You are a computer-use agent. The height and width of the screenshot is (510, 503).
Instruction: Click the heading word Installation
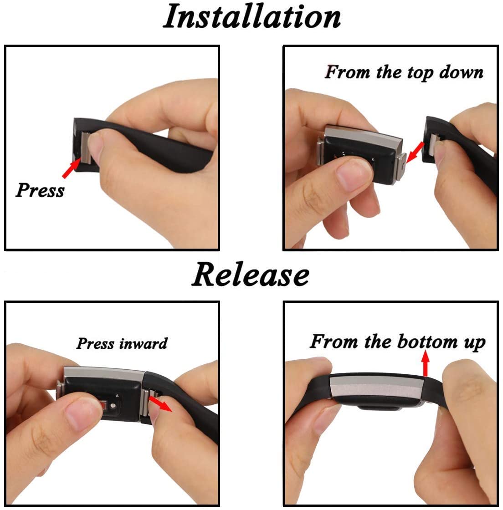click(252, 16)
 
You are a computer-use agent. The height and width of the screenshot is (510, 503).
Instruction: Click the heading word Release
click(250, 275)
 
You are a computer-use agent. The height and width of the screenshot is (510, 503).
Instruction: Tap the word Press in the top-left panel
click(40, 190)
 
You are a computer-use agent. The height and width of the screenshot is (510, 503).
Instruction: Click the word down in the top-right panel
click(462, 72)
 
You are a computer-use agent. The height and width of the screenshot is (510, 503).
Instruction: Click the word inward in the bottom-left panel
click(144, 343)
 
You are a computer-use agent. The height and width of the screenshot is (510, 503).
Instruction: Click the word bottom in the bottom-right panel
click(427, 342)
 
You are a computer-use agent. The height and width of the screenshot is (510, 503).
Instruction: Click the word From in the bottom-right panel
click(334, 341)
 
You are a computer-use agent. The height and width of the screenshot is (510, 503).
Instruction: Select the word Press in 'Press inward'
click(95, 343)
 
